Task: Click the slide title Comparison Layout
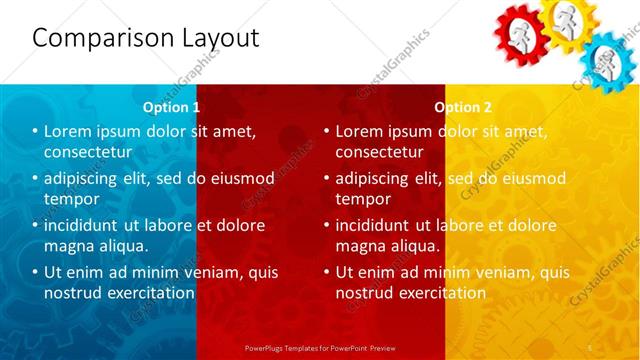146,39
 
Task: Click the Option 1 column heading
171,106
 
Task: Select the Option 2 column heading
463,106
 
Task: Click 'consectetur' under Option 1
88,152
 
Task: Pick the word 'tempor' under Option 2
363,198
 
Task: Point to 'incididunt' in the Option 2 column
377,225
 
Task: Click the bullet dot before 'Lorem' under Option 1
35,132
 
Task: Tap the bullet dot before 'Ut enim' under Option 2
327,272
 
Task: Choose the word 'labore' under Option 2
468,225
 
